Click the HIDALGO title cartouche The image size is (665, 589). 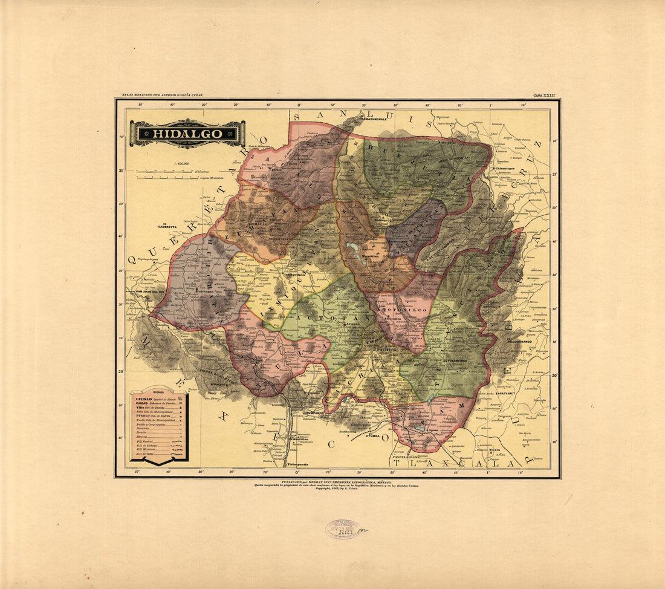click(187, 134)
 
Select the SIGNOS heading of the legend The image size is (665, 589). click(158, 392)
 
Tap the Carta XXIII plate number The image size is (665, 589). click(543, 95)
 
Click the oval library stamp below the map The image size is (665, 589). click(343, 529)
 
